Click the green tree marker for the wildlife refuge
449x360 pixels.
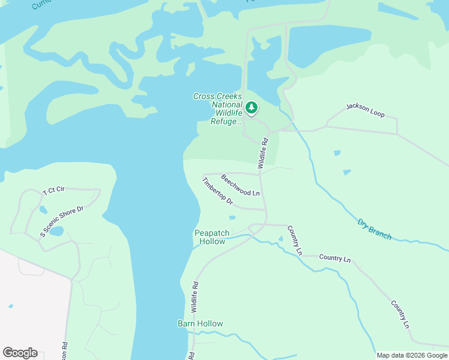tap(252, 108)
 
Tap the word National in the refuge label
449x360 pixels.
tap(227, 104)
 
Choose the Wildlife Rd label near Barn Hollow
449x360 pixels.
tap(194, 296)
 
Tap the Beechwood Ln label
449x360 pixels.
tap(240, 185)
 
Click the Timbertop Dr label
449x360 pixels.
tap(217, 191)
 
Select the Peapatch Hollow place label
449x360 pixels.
tap(209, 237)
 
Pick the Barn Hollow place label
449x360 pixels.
tap(200, 323)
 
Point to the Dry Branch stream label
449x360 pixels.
tap(375, 229)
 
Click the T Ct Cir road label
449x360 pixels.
tap(53, 191)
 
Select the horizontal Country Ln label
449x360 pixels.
tap(334, 258)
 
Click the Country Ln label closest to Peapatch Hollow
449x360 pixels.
tap(294, 239)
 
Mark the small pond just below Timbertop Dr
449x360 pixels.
tap(232, 218)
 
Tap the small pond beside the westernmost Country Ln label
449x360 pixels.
tap(280, 239)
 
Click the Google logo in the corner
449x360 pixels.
tap(20, 353)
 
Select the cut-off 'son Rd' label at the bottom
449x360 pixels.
tap(64, 351)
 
